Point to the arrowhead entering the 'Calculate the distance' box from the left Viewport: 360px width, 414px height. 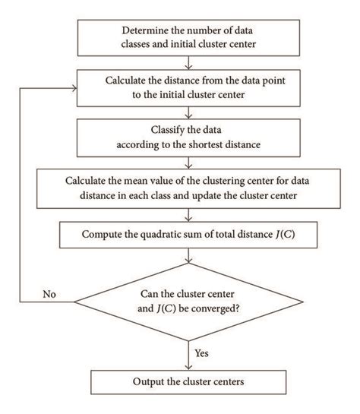click(x=75, y=88)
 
